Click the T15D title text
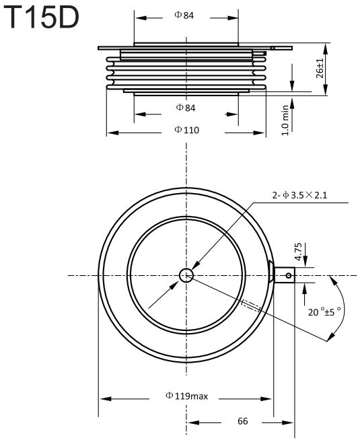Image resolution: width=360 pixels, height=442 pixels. (x=41, y=17)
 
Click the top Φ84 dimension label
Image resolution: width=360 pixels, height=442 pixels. (x=184, y=15)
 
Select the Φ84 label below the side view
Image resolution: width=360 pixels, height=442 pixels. (x=186, y=108)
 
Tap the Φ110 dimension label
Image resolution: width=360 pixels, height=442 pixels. (x=186, y=130)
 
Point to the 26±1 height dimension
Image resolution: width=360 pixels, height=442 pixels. (x=320, y=69)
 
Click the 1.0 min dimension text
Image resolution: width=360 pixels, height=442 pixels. (x=285, y=120)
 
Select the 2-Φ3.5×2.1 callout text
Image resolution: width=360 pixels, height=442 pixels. (x=299, y=195)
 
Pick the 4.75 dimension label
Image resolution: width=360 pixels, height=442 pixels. (x=298, y=252)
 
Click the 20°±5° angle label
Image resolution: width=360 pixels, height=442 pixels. (x=324, y=311)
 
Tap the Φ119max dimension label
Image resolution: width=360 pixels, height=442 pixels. (x=186, y=396)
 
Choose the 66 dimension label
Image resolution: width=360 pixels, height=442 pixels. (x=243, y=421)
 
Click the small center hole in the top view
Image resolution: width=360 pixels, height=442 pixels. (x=186, y=275)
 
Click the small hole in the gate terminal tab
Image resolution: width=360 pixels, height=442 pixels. (x=289, y=275)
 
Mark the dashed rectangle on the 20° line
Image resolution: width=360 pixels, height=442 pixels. (x=250, y=305)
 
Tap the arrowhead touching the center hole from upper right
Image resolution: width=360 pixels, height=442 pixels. (x=196, y=266)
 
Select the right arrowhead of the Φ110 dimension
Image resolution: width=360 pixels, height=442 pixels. (x=259, y=133)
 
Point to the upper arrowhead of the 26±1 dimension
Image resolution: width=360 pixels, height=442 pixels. (x=325, y=49)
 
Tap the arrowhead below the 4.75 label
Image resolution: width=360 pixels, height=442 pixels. (x=304, y=291)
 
